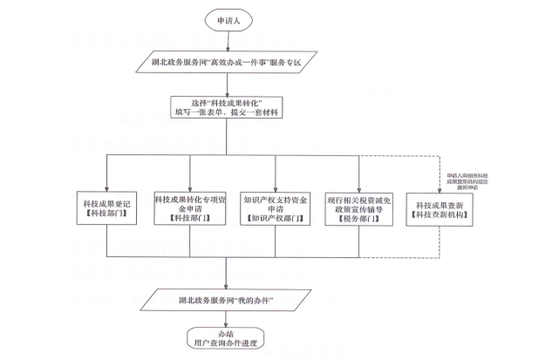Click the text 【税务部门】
(358, 221)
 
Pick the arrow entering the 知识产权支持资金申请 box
(276, 174)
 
